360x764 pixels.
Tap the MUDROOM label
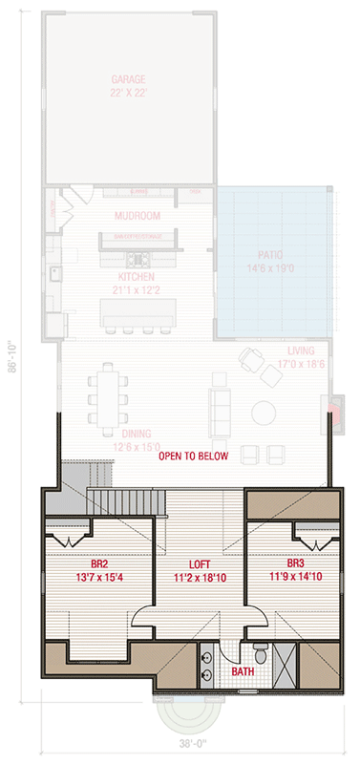pos(137,216)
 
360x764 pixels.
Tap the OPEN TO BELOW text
pos(194,456)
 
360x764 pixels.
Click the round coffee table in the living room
pos(262,413)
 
